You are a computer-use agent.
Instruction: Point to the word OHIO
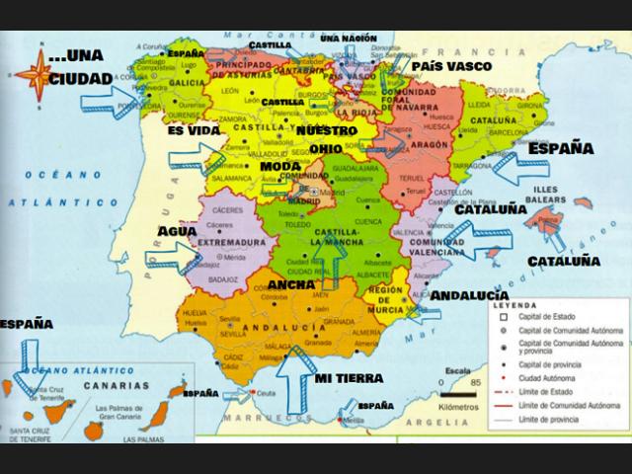click(325, 148)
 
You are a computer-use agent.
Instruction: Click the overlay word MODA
click(280, 166)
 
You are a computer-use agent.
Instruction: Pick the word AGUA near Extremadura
click(179, 230)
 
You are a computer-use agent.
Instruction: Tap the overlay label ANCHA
click(291, 284)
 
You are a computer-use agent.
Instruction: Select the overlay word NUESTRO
click(327, 129)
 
